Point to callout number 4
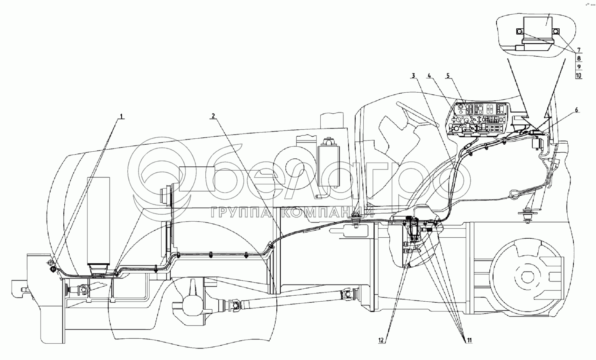coord(430,75)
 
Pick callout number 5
coord(448,75)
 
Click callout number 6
coord(576,110)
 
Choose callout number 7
coord(579,50)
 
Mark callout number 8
coord(579,58)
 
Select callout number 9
coord(579,67)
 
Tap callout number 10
coord(579,75)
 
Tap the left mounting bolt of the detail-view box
coord(520,32)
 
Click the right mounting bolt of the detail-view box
coord(556,32)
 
